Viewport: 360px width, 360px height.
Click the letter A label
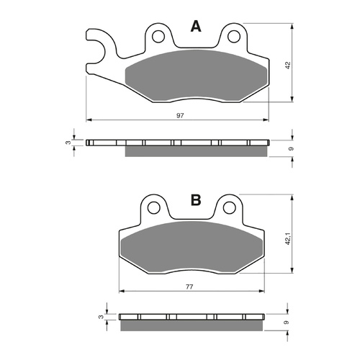[x=194, y=27]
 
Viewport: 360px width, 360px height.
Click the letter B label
[x=195, y=201]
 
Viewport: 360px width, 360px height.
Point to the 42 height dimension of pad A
[x=287, y=66]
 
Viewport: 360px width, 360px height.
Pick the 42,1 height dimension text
[x=287, y=238]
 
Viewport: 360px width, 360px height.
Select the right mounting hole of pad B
[x=229, y=207]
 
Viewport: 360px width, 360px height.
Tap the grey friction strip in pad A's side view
[x=197, y=151]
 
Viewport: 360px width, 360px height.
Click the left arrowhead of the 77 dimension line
[x=121, y=292]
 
